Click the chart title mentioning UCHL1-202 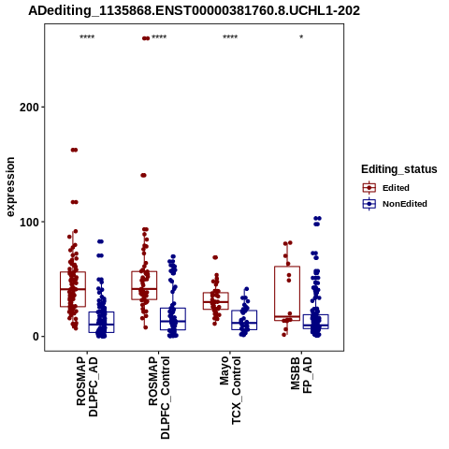194,10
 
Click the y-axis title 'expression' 10,187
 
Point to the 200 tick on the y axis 30,108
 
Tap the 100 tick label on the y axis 30,222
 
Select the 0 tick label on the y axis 36,337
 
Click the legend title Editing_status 399,169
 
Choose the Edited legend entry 385,188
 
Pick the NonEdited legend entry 395,204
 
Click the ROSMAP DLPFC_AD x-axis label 87,386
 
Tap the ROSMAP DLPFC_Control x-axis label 159,398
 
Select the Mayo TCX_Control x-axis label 230,390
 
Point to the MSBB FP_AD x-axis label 301,375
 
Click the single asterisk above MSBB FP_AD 301,37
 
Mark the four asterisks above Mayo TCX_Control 230,37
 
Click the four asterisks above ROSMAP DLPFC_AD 87,37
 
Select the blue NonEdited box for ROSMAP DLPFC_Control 173,319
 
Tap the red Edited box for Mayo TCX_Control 216,301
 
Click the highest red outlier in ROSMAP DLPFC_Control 146,38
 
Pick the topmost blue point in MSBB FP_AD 317,218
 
